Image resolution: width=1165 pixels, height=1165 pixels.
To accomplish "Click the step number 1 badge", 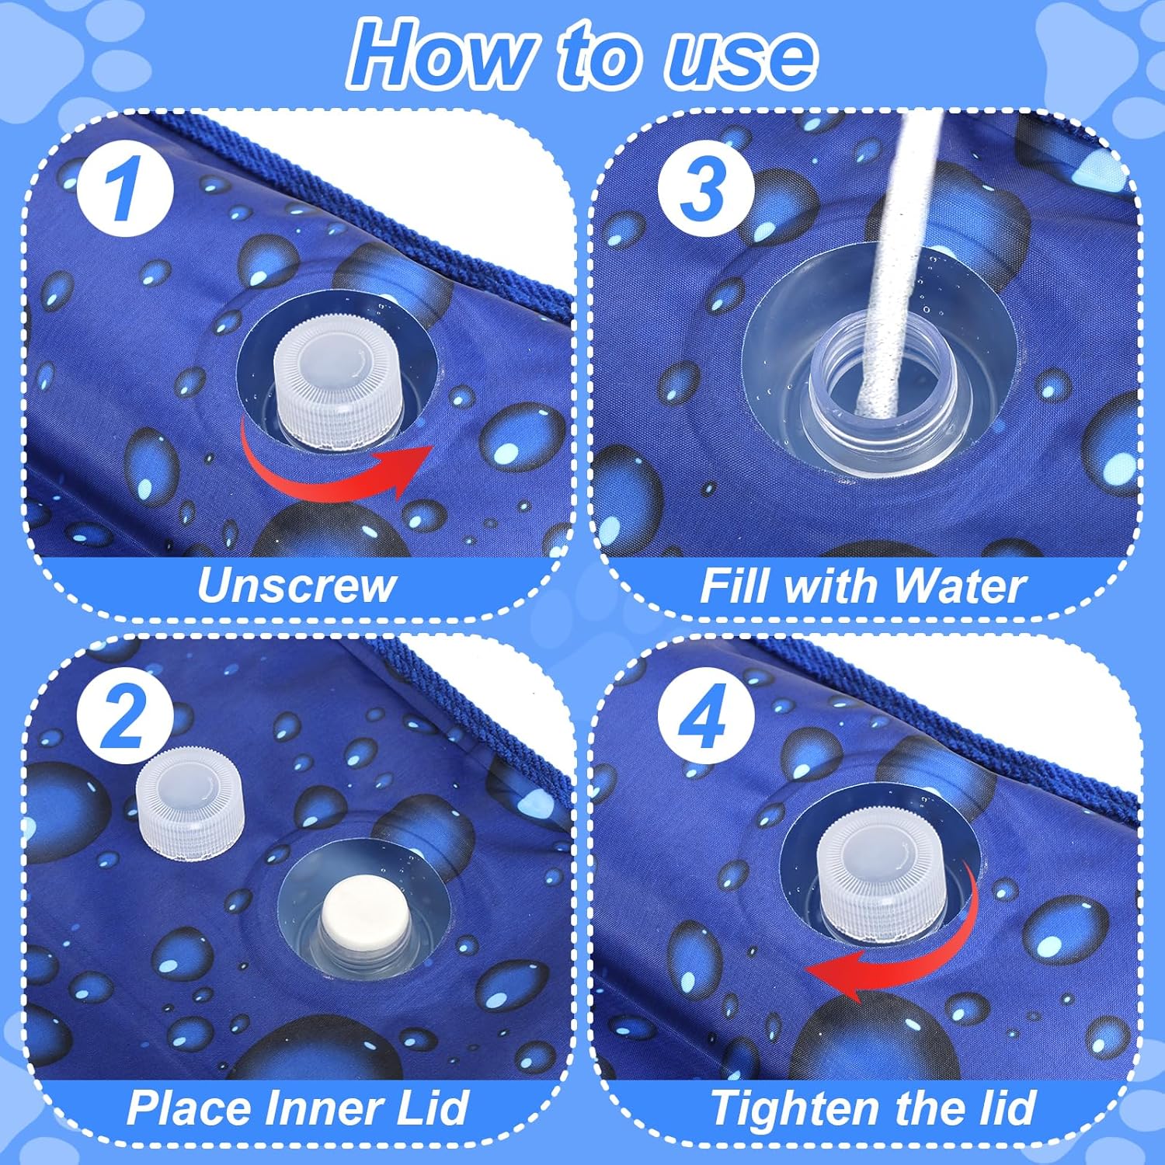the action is click(x=124, y=190).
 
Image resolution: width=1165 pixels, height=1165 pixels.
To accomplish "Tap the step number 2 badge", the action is click(x=124, y=717).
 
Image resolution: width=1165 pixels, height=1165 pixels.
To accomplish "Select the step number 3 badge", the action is click(x=706, y=190).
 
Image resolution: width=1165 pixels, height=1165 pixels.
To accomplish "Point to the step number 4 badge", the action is click(x=706, y=717).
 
